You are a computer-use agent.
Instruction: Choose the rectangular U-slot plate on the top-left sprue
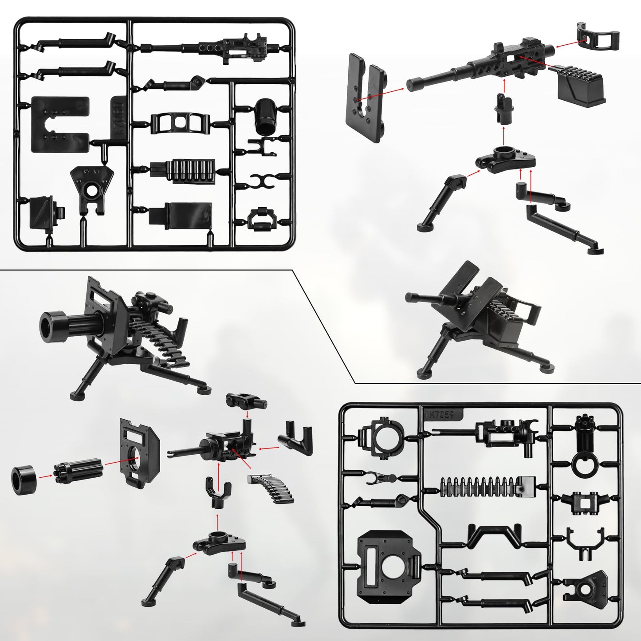tap(60, 124)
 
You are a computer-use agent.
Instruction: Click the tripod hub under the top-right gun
tap(506, 157)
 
